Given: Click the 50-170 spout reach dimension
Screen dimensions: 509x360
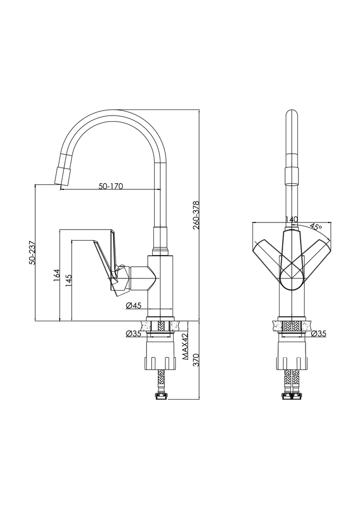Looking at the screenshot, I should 110,186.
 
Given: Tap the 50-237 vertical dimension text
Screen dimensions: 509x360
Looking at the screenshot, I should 32,252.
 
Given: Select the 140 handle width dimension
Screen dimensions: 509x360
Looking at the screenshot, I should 291,219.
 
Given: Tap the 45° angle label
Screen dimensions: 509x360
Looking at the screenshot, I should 316,227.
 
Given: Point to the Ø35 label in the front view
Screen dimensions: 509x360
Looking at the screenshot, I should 318,334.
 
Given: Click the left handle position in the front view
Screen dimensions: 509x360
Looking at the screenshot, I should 267,254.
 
